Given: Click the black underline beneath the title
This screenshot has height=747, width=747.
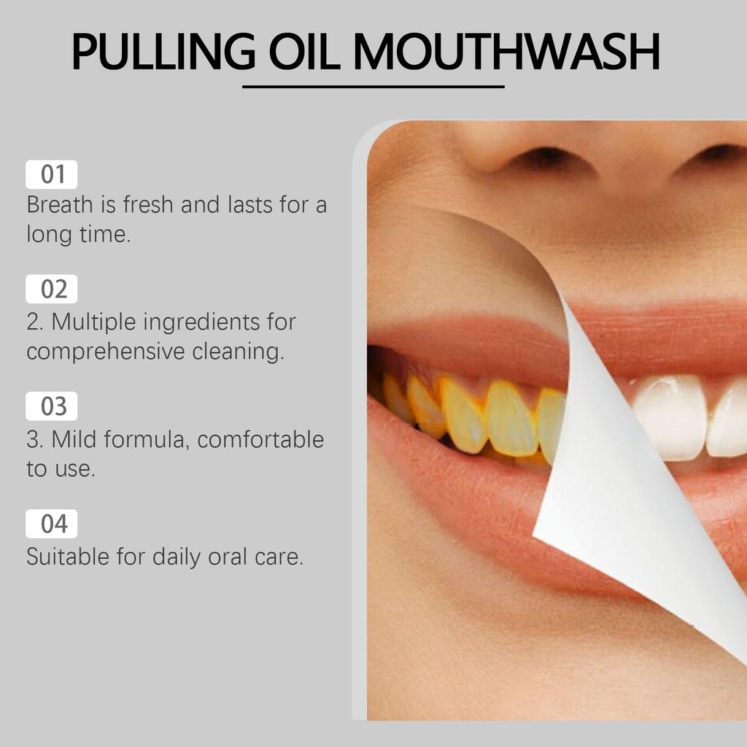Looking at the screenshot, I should coord(373,87).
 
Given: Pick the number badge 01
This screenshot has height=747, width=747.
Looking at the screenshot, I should coord(52,175).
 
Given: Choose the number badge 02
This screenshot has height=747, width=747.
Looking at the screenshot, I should coord(52,290).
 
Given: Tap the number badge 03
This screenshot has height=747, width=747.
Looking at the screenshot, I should coord(52,406).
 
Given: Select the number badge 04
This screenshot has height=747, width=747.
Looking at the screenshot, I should coord(52,524).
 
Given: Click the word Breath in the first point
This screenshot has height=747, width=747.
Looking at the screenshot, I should coord(60,205).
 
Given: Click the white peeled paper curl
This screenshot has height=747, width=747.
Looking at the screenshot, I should coord(620,474).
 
